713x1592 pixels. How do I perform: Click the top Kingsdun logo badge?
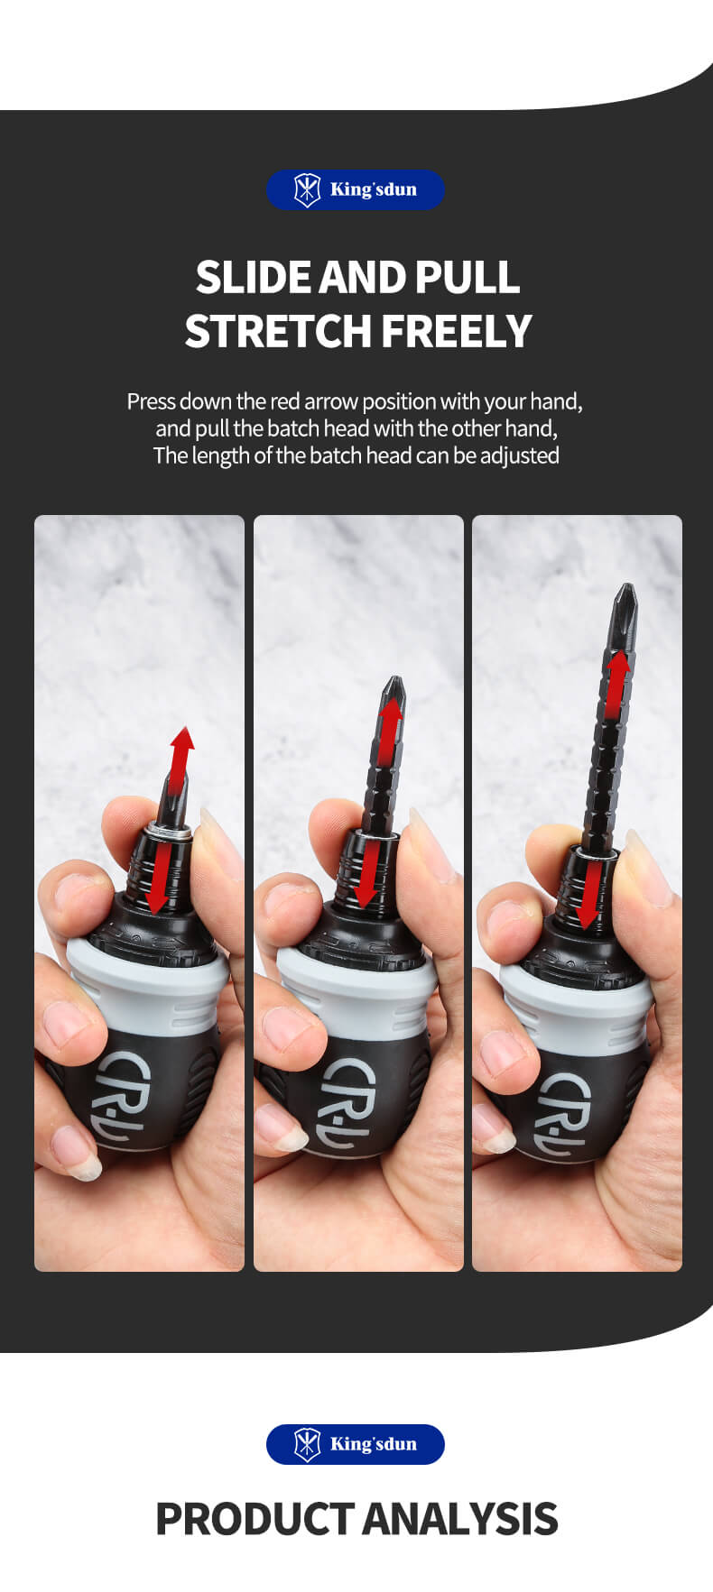pyautogui.click(x=356, y=189)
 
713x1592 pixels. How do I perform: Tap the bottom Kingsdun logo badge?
pyautogui.click(x=356, y=1444)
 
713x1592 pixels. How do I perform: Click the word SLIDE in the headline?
pyautogui.click(x=253, y=277)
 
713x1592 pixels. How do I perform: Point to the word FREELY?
pyautogui.click(x=457, y=331)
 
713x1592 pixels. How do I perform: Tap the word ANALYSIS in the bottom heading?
pyautogui.click(x=460, y=1519)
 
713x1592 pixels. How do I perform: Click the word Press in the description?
pyautogui.click(x=150, y=401)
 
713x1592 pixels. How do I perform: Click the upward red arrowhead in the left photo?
pyautogui.click(x=183, y=741)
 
